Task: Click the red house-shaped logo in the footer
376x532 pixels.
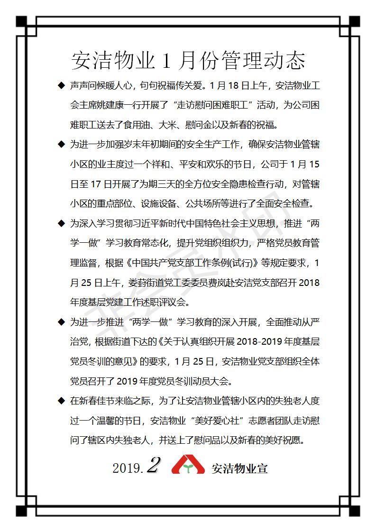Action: (x=188, y=465)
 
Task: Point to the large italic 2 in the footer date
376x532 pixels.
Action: (x=153, y=465)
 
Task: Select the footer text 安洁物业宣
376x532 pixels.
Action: (x=239, y=468)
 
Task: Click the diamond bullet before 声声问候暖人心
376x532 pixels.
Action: (x=60, y=85)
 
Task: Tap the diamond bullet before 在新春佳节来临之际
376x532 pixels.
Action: (x=60, y=401)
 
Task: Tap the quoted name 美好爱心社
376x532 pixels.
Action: (x=232, y=421)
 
